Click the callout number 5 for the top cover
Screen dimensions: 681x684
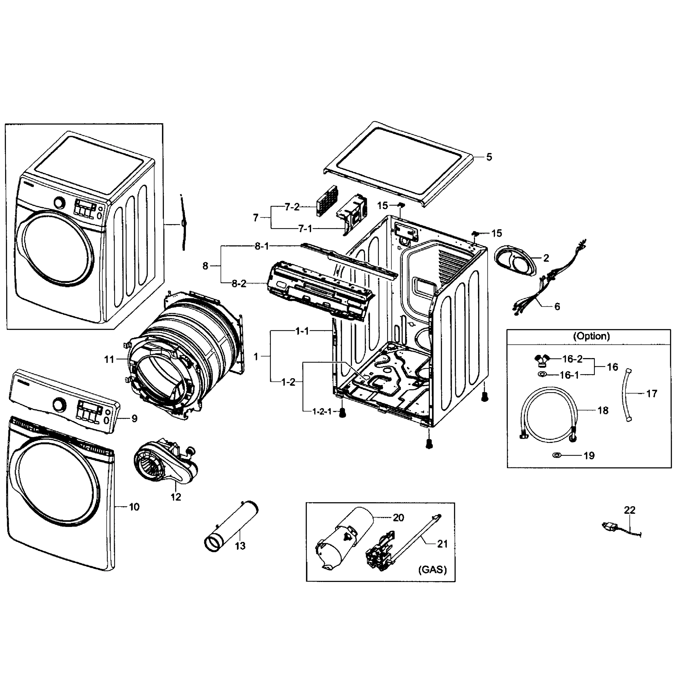click(489, 157)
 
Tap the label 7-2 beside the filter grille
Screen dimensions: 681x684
click(292, 207)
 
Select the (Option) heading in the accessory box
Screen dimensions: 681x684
click(591, 336)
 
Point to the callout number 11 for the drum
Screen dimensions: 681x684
click(109, 360)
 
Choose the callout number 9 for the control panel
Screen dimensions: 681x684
click(134, 419)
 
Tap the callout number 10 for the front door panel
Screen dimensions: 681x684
click(134, 507)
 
